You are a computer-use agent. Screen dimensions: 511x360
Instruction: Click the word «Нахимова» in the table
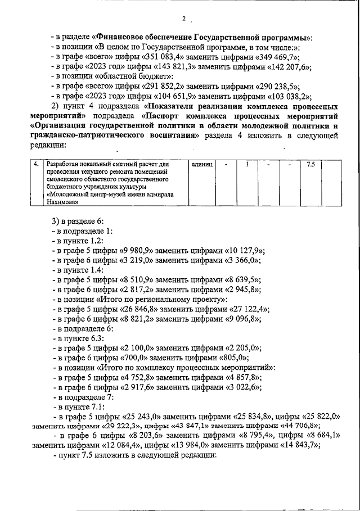click(62, 201)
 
